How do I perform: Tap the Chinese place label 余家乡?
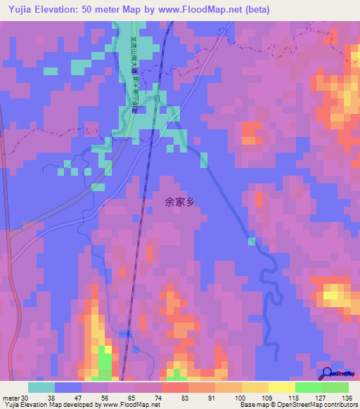[179, 202]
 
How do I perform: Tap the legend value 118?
[295, 397]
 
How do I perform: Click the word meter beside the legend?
[11, 397]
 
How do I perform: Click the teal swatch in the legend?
[41, 387]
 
